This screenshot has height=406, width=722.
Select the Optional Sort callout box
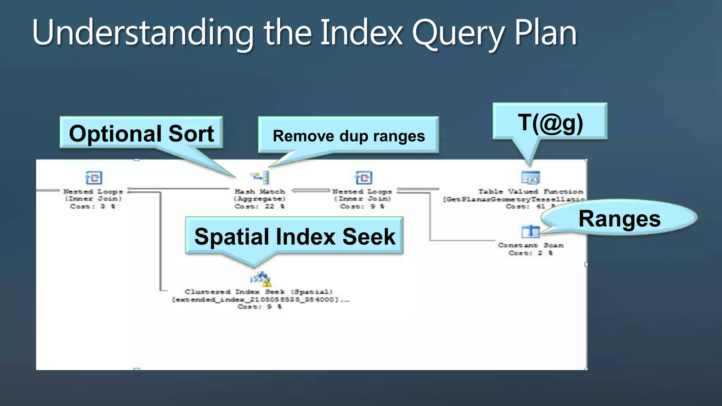141,133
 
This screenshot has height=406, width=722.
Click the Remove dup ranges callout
348,136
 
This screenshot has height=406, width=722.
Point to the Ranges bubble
619,219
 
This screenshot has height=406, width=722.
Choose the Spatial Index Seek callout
294,236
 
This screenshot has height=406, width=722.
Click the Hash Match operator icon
260,177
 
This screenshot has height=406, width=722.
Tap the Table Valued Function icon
530,178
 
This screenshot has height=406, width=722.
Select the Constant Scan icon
530,232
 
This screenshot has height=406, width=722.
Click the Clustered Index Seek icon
261,279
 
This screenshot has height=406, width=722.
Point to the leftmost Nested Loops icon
93,178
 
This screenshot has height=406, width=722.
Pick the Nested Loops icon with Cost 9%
363,178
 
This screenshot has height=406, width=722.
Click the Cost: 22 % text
259,207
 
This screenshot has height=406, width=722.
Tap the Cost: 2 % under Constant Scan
530,253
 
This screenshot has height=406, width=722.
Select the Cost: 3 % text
93,207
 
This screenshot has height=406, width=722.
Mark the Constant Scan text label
530,245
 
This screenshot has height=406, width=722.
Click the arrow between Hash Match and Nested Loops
310,191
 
